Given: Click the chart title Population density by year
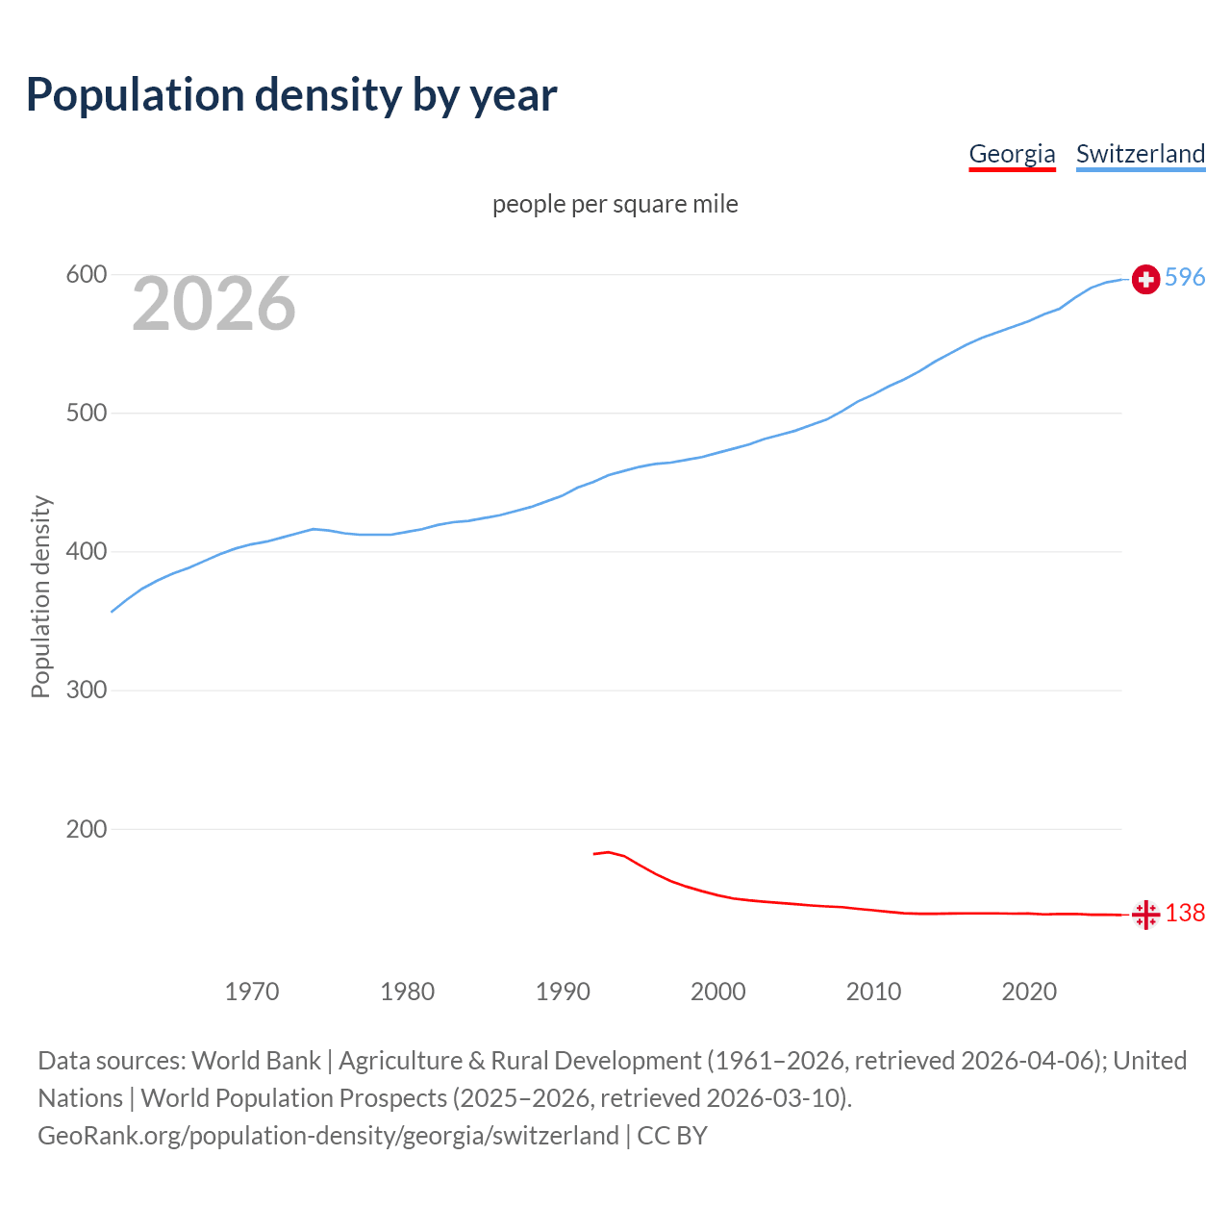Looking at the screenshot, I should pyautogui.click(x=291, y=95).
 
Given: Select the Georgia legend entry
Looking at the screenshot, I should pyautogui.click(x=1012, y=154).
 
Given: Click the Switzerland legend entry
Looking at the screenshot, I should pyautogui.click(x=1140, y=154).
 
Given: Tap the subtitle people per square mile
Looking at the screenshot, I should pyautogui.click(x=615, y=204).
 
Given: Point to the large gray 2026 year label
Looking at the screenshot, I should pyautogui.click(x=214, y=304).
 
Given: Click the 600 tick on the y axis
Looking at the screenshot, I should pyautogui.click(x=86, y=275).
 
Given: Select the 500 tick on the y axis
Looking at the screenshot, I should pyautogui.click(x=86, y=414).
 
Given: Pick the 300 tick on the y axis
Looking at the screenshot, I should pyautogui.click(x=86, y=691).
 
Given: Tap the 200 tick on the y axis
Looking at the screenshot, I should pyautogui.click(x=86, y=829).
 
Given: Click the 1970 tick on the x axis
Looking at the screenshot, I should pyautogui.click(x=252, y=992).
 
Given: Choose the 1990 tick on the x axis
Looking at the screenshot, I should pyautogui.click(x=563, y=992).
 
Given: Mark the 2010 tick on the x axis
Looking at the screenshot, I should pyautogui.click(x=873, y=992).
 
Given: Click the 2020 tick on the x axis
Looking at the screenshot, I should pyautogui.click(x=1029, y=992).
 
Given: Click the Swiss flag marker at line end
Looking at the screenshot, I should pyautogui.click(x=1145, y=279).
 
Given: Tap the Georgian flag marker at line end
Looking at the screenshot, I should pyautogui.click(x=1145, y=915).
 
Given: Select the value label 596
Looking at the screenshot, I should pyautogui.click(x=1185, y=277).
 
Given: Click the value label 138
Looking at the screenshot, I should pyautogui.click(x=1185, y=913).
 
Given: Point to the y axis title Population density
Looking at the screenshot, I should pyautogui.click(x=40, y=596).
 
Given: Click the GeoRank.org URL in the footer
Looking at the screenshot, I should pyautogui.click(x=328, y=1136).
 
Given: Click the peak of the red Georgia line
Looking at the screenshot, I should pyautogui.click(x=608, y=852).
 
